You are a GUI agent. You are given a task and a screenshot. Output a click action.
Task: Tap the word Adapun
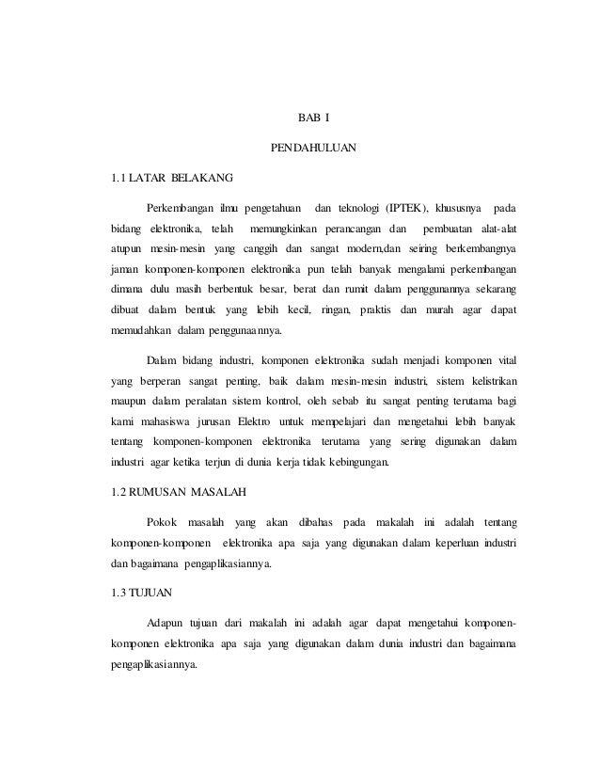point(166,623)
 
